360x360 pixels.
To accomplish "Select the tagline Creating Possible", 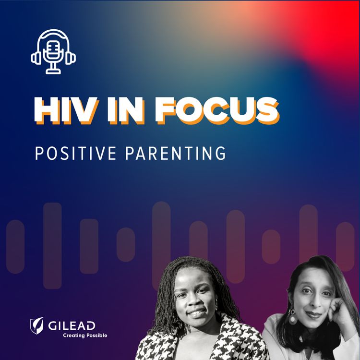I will point(85,335).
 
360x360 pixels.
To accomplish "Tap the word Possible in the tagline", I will point(96,335).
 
